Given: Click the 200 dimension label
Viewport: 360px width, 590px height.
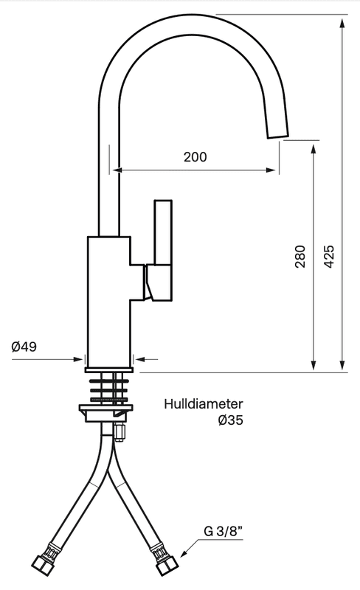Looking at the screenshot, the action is (195, 156).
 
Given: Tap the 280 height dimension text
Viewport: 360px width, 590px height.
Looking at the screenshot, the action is (300, 257).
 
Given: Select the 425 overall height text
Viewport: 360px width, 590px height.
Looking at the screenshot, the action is (329, 257).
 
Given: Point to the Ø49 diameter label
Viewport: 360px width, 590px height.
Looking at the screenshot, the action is (24, 347).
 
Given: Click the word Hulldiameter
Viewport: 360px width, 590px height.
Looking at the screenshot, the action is (204, 404).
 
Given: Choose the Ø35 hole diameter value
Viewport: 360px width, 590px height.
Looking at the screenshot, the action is (230, 420).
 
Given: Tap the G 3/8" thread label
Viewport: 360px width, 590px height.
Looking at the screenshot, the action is (223, 531).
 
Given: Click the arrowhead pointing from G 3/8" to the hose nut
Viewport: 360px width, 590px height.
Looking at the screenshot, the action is (184, 554).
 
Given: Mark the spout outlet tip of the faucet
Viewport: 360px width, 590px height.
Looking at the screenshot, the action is (278, 135).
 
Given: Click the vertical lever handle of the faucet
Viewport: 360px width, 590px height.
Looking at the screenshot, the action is (163, 232).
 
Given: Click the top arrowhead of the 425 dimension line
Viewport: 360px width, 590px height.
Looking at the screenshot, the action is (342, 23).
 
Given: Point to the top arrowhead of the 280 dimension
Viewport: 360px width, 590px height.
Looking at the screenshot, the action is (314, 149).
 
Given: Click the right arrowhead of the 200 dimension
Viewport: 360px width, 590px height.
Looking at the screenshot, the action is (271, 170).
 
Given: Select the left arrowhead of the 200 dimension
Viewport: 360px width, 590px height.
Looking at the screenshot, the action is (118, 170).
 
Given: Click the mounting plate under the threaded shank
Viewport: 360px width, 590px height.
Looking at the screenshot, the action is (106, 410).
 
